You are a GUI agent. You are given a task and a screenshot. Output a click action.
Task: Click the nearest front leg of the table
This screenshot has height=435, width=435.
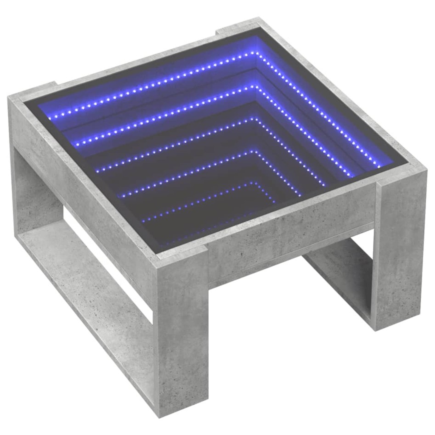[181, 340]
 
